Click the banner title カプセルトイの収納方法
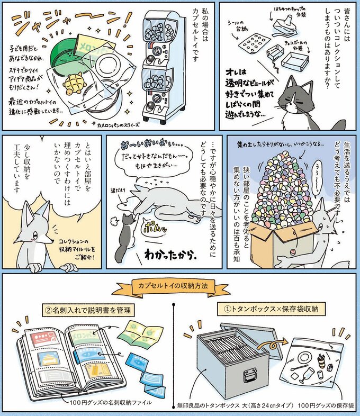[179, 286]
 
